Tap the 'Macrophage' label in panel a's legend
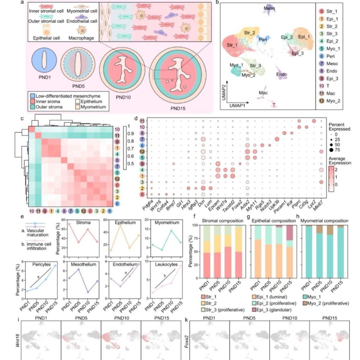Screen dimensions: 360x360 click(81, 38)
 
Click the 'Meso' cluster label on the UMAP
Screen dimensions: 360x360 click(269, 8)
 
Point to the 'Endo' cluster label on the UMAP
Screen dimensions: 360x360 click(281, 74)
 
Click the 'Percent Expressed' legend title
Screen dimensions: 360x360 click(339, 127)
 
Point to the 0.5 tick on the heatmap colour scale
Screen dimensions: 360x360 click(131, 164)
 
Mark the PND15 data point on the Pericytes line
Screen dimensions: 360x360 click(55, 266)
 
